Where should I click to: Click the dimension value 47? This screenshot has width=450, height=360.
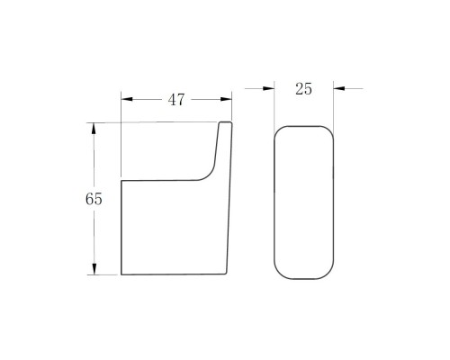176,100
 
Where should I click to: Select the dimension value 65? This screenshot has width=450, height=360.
94,199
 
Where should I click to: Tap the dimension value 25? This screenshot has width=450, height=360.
303,89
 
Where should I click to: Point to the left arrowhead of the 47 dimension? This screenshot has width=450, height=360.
127,99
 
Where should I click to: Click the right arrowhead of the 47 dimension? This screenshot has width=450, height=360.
226,99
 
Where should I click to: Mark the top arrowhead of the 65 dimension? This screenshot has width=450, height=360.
94,129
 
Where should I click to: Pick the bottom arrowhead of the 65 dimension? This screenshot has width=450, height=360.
94,269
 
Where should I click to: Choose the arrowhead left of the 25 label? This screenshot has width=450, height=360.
269,88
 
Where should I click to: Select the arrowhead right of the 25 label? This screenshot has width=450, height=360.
339,88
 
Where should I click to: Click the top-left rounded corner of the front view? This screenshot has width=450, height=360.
278,130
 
